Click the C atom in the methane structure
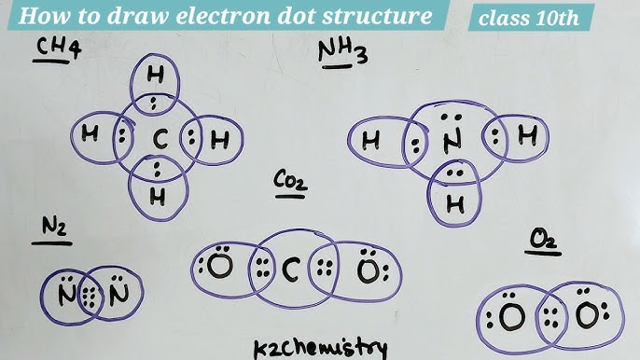click(x=160, y=141)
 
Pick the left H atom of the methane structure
click(x=90, y=134)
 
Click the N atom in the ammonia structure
click(x=452, y=142)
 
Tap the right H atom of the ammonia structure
click(x=527, y=138)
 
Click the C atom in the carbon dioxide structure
click(x=290, y=270)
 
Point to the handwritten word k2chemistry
click(x=320, y=347)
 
